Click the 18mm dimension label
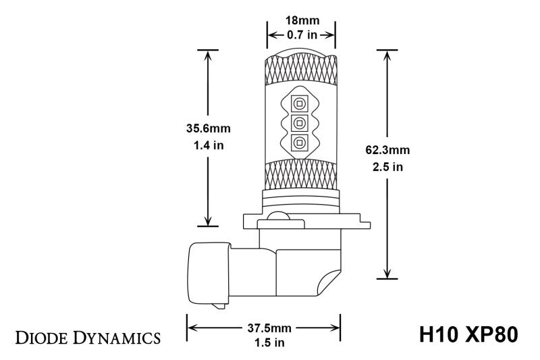coord(301,20)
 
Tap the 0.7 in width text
coord(301,35)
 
